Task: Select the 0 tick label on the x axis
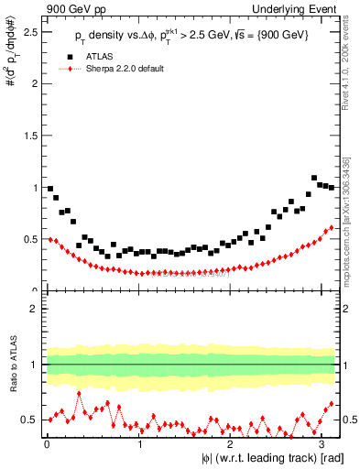[46, 446]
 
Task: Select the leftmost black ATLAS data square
[50, 189]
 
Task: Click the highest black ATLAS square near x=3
[314, 178]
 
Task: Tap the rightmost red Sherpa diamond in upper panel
[331, 227]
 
